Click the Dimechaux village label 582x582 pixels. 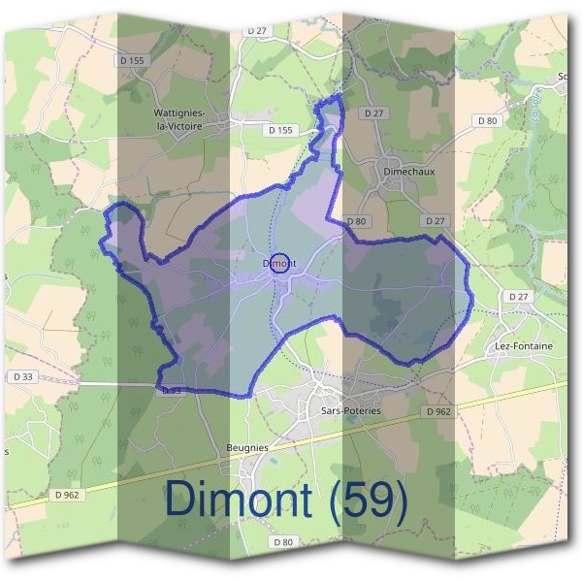pyautogui.click(x=408, y=171)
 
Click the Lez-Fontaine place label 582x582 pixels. pyautogui.click(x=529, y=345)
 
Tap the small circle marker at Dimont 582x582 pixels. pyautogui.click(x=280, y=263)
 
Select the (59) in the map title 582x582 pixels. pyautogui.click(x=368, y=500)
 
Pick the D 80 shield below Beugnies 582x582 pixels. pyautogui.click(x=282, y=541)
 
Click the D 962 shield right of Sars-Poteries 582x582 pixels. pyautogui.click(x=438, y=411)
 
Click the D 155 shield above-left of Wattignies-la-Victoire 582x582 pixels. pyautogui.click(x=134, y=60)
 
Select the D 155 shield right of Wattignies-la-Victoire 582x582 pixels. pyautogui.click(x=279, y=128)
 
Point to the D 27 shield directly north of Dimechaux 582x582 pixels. pyautogui.click(x=373, y=113)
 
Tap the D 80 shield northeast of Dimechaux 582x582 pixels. pyautogui.click(x=487, y=120)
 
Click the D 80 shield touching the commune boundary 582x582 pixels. pyautogui.click(x=356, y=221)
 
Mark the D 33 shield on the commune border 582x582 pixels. pyautogui.click(x=170, y=390)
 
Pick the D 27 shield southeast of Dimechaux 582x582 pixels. pyautogui.click(x=438, y=221)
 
